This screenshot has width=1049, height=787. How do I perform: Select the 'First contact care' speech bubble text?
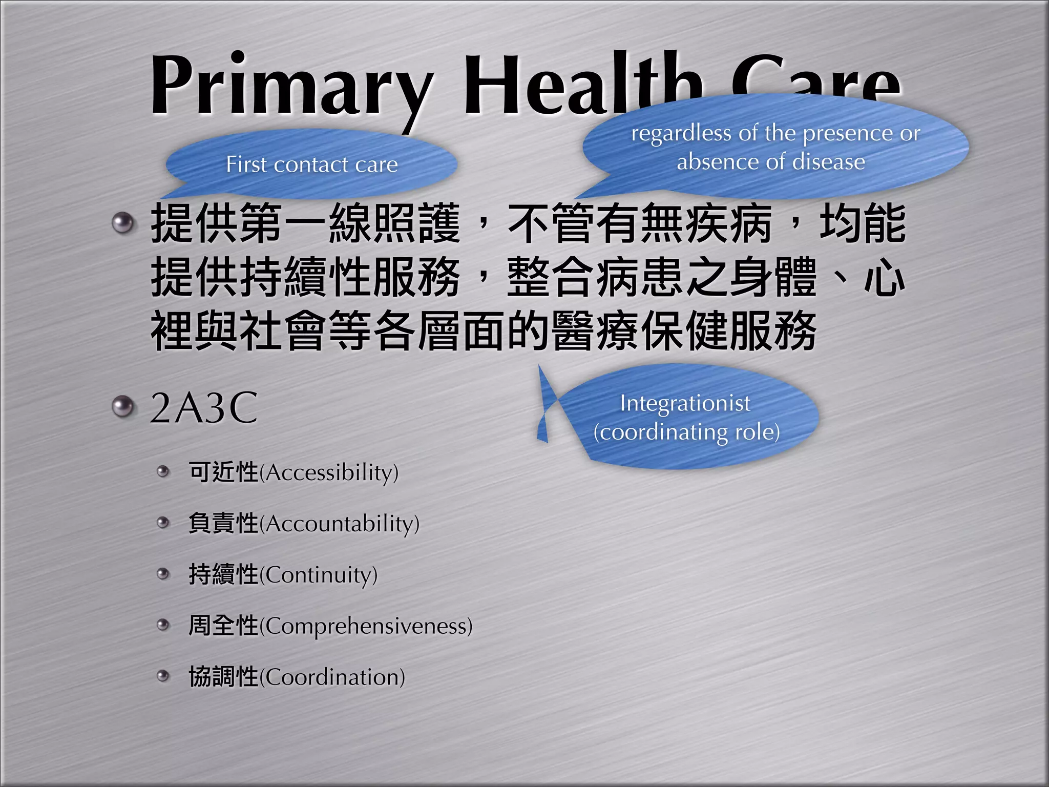click(312, 164)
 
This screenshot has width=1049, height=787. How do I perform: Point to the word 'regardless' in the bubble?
click(681, 133)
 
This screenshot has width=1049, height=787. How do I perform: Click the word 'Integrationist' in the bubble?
click(685, 403)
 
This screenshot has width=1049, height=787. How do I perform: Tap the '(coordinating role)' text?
click(686, 432)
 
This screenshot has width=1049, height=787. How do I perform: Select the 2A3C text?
click(204, 408)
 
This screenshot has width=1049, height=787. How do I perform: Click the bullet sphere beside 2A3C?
click(122, 407)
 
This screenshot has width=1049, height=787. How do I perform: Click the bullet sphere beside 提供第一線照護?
click(122, 223)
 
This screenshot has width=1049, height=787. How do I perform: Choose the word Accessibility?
click(331, 472)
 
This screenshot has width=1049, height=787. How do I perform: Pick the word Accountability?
click(341, 524)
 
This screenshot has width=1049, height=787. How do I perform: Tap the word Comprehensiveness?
click(368, 626)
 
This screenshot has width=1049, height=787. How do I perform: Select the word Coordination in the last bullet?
click(334, 677)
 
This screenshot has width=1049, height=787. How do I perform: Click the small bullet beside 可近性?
click(163, 471)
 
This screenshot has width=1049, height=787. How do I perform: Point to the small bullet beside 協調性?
click(163, 676)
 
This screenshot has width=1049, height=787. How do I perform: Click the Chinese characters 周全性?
click(223, 626)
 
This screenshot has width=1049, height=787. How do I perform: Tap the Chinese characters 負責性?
click(223, 523)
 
